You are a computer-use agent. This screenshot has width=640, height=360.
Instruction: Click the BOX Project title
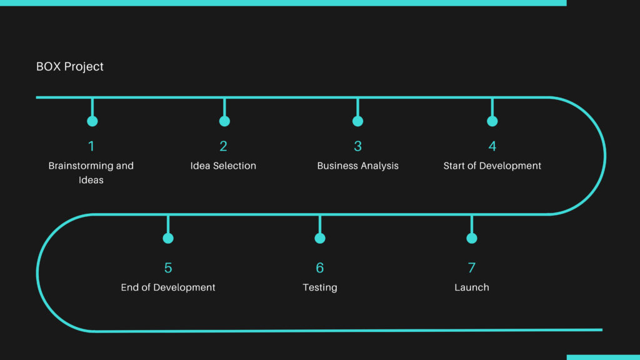[70, 66]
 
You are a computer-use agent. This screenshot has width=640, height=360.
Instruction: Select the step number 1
[91, 146]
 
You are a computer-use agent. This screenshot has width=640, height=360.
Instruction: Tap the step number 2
[223, 146]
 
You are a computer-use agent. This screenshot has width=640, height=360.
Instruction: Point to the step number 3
[358, 146]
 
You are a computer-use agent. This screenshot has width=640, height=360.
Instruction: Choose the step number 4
[492, 146]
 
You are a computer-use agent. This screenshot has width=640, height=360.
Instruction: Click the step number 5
[168, 267]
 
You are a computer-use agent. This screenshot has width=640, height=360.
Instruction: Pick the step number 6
[320, 267]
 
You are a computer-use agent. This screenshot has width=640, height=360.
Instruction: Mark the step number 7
[472, 267]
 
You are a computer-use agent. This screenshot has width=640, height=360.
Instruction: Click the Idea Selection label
[223, 166]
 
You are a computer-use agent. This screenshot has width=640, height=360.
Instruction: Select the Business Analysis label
[358, 166]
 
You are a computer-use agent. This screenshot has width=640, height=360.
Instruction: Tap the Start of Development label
[492, 166]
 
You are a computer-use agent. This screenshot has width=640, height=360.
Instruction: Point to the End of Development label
[168, 287]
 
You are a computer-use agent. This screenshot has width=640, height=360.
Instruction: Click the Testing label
[320, 287]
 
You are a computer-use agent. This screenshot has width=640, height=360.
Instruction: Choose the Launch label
[472, 287]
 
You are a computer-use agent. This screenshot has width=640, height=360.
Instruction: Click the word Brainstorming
[81, 166]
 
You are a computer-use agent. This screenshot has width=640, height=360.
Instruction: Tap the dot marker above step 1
[92, 121]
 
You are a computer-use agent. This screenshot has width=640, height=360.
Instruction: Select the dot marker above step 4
[492, 121]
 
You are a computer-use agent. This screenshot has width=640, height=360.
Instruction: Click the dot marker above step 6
[320, 238]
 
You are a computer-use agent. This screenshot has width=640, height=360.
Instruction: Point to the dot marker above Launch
[472, 238]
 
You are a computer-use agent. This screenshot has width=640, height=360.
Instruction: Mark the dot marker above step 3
[358, 121]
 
